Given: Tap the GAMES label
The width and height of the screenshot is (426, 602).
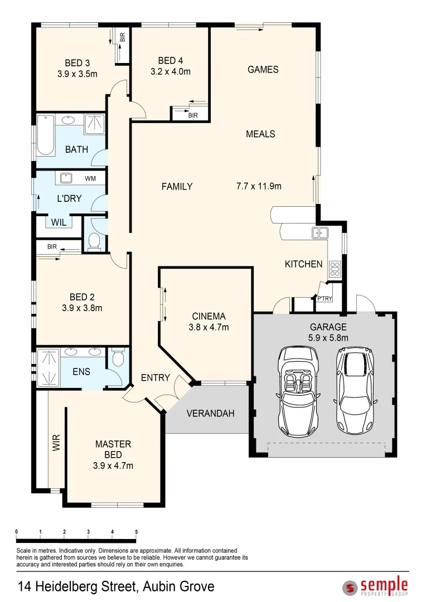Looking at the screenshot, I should [x=263, y=70].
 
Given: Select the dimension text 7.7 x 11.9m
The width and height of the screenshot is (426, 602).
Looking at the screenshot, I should [x=259, y=186].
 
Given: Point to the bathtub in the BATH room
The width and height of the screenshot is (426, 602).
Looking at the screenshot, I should [x=45, y=135].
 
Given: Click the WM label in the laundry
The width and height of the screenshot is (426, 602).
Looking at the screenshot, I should [x=90, y=178].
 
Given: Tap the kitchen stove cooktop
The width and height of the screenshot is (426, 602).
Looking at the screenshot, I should [x=335, y=269].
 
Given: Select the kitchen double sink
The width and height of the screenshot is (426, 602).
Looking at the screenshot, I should [x=319, y=233].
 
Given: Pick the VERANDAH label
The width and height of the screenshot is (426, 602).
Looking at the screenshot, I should [x=210, y=414].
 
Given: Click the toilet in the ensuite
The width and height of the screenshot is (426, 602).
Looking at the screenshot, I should [x=117, y=358].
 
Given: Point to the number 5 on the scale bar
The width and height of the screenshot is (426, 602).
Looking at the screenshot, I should [x=136, y=532].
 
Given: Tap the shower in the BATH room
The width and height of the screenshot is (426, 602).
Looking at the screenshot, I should [x=95, y=124].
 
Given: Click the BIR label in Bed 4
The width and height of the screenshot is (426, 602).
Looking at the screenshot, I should [x=193, y=115].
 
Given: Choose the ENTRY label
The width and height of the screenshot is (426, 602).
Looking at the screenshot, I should [x=155, y=377].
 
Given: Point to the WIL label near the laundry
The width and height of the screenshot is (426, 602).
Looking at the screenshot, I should [x=59, y=222].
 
